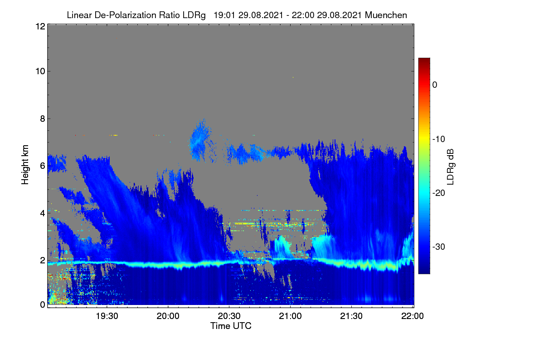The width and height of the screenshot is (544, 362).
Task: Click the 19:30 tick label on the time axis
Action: point(107,316)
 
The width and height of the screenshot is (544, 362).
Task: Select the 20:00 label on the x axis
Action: point(168,316)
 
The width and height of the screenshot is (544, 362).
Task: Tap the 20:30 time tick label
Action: point(229,316)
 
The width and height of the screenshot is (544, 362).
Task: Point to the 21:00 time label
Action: point(290,316)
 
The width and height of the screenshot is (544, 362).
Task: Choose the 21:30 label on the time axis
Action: point(351,316)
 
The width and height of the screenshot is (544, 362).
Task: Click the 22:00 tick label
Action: point(413,316)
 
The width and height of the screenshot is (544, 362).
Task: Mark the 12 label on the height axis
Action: point(40,26)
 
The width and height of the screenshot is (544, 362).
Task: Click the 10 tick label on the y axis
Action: point(40,71)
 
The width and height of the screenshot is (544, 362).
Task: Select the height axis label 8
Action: point(43,119)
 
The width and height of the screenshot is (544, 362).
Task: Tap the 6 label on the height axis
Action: point(43,166)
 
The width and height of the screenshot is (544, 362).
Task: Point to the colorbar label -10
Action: point(439,139)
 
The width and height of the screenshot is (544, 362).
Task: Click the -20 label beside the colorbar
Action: point(439,193)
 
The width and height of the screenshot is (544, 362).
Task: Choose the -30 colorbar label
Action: point(439,247)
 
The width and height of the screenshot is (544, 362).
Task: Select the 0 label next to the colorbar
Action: point(435,85)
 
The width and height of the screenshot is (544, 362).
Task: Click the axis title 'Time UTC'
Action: point(231,326)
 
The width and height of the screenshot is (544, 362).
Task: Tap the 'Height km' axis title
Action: point(25,165)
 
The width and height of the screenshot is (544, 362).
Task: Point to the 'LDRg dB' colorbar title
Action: point(450,167)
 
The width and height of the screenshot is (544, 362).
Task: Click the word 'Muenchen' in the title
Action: point(386,15)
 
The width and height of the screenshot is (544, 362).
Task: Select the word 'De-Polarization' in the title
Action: point(125,15)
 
